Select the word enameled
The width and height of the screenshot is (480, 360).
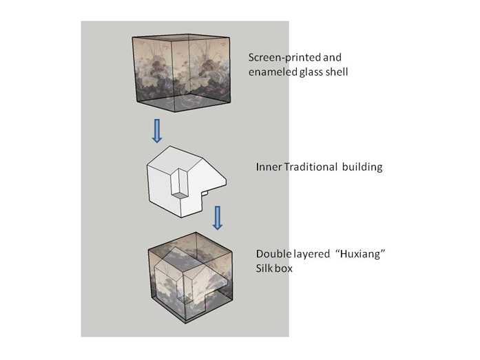pyautogui.click(x=273, y=71)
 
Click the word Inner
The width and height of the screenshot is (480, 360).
pyautogui.click(x=268, y=167)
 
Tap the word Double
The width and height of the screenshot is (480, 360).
pyautogui.click(x=271, y=255)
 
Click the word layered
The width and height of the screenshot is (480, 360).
pyautogui.click(x=309, y=255)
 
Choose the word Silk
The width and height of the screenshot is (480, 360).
pyautogui.click(x=262, y=269)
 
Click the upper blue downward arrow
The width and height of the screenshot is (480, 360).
pyautogui.click(x=157, y=130)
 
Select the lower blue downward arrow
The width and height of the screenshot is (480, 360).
pyautogui.click(x=218, y=216)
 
